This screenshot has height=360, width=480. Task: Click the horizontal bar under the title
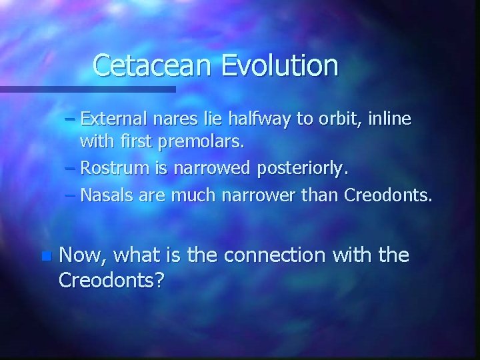tap(87, 89)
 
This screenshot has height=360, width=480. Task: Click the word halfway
tap(257, 119)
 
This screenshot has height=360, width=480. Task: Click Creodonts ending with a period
tap(388, 196)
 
